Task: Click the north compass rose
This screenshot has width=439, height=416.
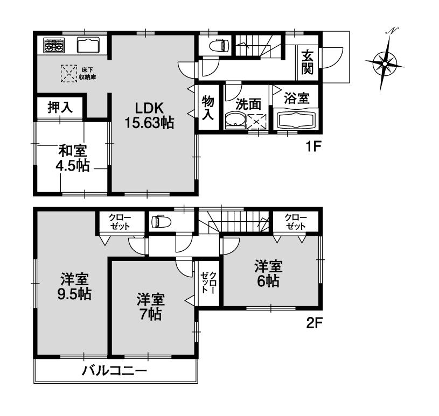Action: point(385,63)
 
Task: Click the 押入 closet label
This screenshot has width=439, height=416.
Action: point(60,107)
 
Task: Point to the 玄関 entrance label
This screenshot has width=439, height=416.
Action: point(308,61)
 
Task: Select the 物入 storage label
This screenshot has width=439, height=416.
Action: point(208,108)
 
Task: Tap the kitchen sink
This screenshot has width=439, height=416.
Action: point(88,44)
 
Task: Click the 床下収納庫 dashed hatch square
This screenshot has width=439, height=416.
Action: point(68,74)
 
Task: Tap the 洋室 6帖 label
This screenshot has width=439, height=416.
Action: point(268,273)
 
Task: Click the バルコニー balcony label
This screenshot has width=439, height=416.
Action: point(114,371)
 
